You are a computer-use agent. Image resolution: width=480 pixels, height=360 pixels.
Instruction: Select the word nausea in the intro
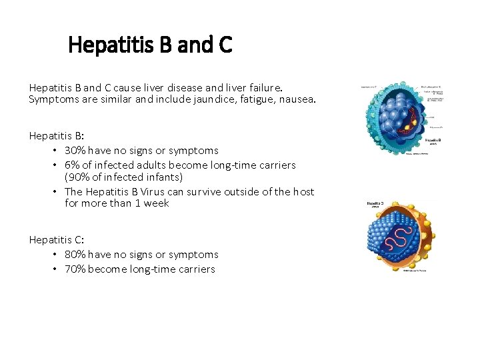(x=293, y=100)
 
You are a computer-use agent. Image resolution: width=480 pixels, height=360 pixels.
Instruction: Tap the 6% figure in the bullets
(x=71, y=165)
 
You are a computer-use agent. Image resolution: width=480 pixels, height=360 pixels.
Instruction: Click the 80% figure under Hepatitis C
(x=75, y=255)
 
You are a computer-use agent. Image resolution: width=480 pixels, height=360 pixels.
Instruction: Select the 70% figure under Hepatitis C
(x=75, y=269)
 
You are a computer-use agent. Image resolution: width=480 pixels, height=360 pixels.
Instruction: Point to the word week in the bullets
(x=157, y=203)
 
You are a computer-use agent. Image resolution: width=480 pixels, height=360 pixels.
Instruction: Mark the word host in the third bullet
(x=304, y=192)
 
